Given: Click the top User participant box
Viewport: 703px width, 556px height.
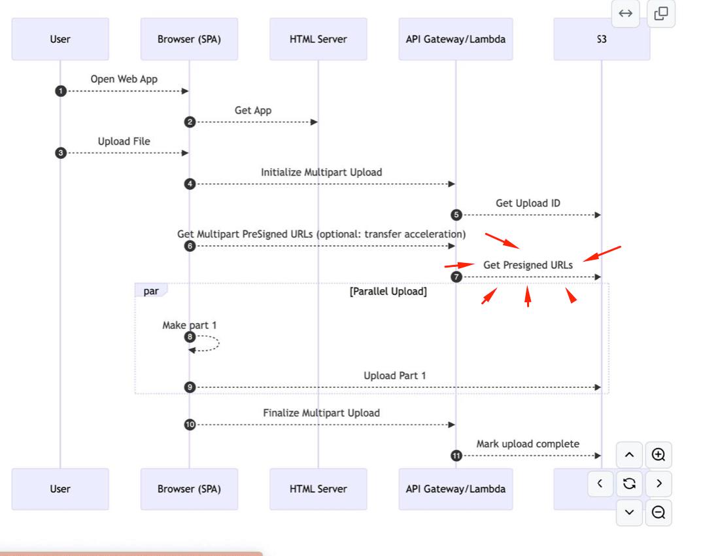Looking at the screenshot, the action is tap(60, 39).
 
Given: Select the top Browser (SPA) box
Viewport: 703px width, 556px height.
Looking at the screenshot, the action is tap(189, 39).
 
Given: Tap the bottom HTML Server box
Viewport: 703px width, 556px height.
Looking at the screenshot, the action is tap(318, 489).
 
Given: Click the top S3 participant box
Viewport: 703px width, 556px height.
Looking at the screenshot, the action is tap(602, 39).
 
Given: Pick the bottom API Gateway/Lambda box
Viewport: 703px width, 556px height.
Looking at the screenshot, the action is tap(456, 489).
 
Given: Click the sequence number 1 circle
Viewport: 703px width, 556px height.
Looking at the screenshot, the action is tap(61, 91).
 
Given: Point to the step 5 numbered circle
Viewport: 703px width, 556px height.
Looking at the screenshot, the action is tap(456, 215).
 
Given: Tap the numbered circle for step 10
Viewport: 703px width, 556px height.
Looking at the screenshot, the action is tap(190, 425).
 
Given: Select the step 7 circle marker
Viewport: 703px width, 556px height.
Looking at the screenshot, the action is tap(456, 277).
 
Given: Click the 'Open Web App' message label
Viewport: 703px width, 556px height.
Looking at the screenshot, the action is tap(124, 79).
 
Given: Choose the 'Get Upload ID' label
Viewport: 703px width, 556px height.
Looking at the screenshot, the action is tap(528, 203).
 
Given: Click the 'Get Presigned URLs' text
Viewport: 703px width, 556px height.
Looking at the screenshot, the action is tap(528, 265).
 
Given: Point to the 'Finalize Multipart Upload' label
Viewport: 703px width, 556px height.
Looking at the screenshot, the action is tap(322, 413).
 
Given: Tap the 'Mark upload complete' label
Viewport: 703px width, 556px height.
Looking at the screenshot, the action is tap(528, 444).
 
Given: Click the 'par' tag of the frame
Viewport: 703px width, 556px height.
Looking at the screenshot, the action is tap(151, 290).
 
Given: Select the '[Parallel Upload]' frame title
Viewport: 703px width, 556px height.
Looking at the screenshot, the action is tap(388, 292).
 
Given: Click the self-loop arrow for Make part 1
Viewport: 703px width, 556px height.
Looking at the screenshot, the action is tap(219, 343).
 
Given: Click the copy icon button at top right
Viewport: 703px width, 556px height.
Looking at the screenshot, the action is tap(661, 14).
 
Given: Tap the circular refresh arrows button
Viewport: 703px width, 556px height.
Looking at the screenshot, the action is tap(630, 483).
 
